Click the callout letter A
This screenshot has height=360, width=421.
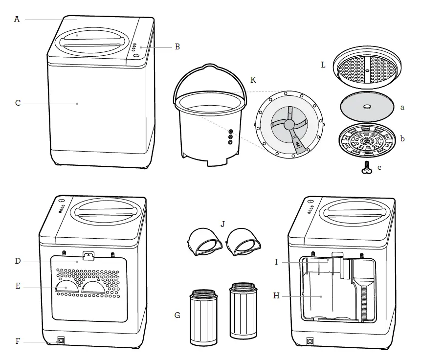17,20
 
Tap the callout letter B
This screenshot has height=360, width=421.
177,47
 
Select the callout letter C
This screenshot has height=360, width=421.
18,103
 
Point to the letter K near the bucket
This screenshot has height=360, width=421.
253,79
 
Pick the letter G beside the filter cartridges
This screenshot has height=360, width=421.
177,315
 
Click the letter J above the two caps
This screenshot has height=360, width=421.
222,224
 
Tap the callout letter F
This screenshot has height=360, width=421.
18,341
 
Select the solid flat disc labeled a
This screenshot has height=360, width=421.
366,107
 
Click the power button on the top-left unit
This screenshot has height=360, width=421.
135,56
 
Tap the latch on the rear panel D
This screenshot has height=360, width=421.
89,256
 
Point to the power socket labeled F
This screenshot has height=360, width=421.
62,340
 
